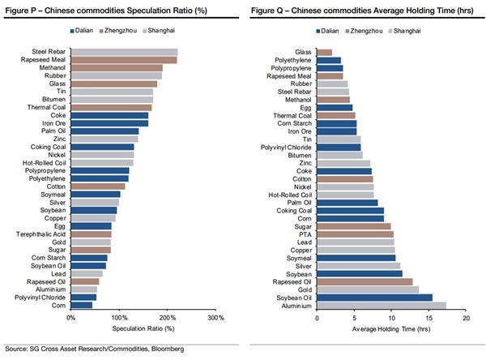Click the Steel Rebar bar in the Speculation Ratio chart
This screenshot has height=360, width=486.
pyautogui.click(x=124, y=51)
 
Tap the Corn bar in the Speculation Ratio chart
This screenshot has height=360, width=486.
pyautogui.click(x=82, y=305)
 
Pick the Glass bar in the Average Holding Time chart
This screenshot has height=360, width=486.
pyautogui.click(x=324, y=51)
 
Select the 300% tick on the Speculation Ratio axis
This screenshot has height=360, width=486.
pyautogui.click(x=215, y=317)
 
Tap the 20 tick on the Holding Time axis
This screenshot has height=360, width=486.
pyautogui.click(x=465, y=317)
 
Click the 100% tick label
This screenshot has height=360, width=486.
pyautogui.click(x=119, y=317)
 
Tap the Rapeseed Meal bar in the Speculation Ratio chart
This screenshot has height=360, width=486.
pyautogui.click(x=124, y=59)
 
